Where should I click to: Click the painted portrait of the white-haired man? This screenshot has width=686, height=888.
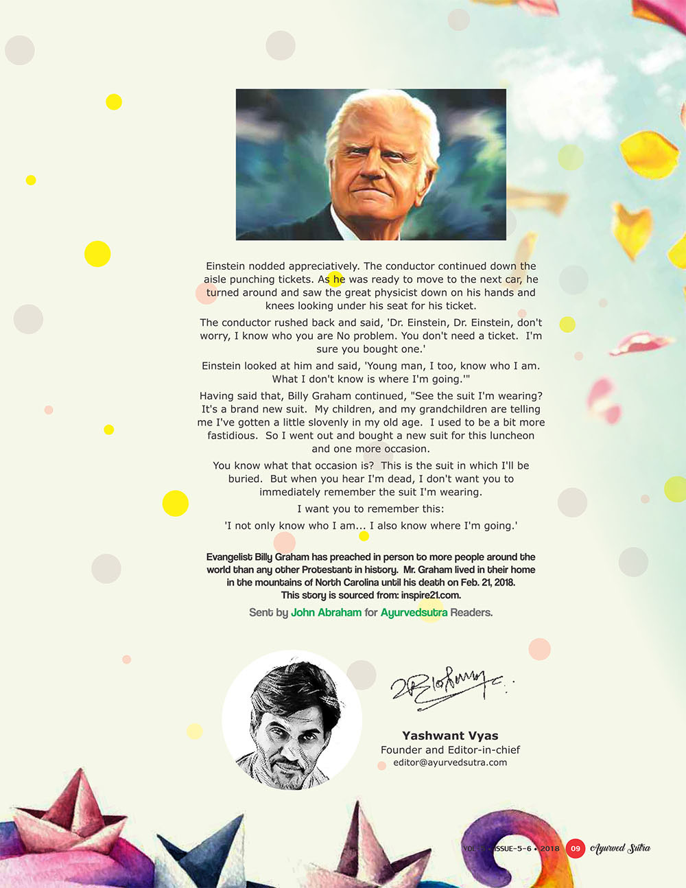[370, 165]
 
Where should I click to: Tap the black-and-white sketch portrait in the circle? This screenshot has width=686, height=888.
[292, 721]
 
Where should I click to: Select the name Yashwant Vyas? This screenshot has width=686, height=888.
[450, 736]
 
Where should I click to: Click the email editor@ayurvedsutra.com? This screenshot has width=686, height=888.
[450, 762]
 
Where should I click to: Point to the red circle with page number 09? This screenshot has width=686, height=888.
[576, 849]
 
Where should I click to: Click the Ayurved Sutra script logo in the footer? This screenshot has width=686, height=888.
[621, 848]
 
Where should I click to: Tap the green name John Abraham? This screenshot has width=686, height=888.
[326, 612]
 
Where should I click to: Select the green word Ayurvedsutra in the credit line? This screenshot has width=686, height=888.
[414, 612]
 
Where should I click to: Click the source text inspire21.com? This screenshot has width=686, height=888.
[431, 595]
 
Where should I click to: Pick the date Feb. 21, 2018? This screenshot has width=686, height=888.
[488, 583]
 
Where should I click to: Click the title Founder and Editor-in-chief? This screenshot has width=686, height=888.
[450, 750]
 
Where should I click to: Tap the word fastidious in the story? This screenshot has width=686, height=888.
[233, 436]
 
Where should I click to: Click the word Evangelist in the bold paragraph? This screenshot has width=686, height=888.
[230, 557]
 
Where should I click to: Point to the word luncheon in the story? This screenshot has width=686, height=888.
[511, 436]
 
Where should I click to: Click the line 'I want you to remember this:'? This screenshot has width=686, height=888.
[370, 509]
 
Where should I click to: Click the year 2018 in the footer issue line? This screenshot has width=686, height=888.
[549, 849]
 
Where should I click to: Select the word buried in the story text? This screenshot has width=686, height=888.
[245, 479]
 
